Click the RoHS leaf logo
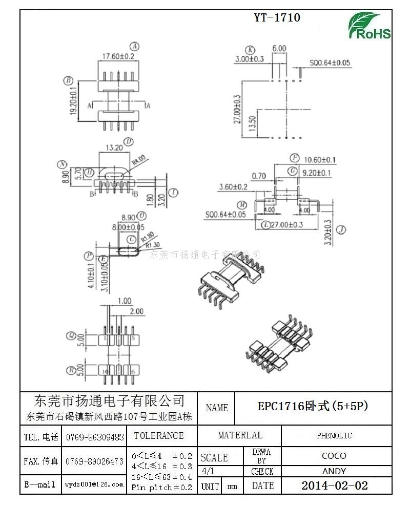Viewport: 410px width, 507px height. coord(370,26)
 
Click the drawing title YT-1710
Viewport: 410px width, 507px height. coord(277,18)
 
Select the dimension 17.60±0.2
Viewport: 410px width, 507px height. coord(118,56)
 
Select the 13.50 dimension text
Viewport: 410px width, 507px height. coord(252,123)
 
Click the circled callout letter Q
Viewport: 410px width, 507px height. coord(72,336)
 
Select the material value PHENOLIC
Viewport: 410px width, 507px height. coord(334,436)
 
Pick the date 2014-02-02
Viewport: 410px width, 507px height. coord(334,485)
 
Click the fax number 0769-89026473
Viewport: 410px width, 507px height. coord(94,461)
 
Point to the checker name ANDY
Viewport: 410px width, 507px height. coord(334,471)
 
